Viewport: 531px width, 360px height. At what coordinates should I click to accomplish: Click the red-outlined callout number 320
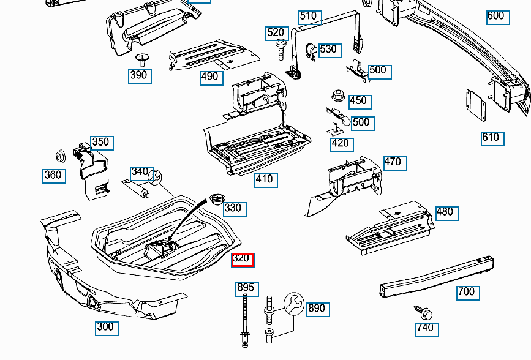tap(242, 260)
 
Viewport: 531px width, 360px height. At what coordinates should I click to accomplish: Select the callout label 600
tap(497, 17)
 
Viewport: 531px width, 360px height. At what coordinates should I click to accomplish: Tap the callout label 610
tap(491, 138)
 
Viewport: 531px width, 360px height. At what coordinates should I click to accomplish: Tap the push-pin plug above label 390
tap(142, 59)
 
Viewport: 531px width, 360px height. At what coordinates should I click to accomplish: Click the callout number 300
tap(106, 327)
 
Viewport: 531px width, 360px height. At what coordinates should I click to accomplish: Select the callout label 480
tap(445, 212)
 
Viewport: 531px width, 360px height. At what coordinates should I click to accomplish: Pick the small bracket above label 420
tap(336, 128)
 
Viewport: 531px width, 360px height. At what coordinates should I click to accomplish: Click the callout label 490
tap(210, 77)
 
